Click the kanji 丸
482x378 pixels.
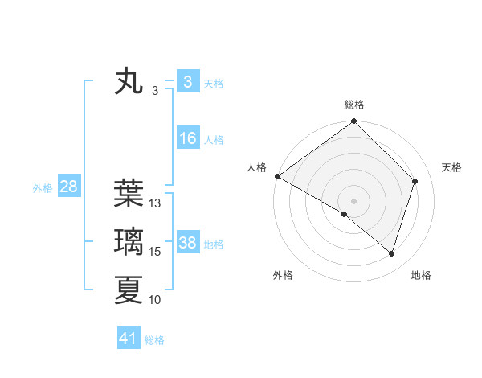point(129,82)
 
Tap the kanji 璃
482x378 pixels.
point(129,240)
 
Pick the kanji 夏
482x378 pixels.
point(129,290)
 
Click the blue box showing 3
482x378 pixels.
point(187,82)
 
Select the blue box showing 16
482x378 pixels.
point(187,138)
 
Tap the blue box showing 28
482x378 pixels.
point(68,187)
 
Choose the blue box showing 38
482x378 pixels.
point(187,243)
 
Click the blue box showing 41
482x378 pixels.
point(129,339)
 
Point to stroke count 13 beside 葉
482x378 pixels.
point(156,203)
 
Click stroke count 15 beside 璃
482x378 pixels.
point(156,252)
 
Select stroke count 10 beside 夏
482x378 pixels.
point(155,300)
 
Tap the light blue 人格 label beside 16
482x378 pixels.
point(214,140)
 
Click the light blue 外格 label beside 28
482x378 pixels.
point(43,188)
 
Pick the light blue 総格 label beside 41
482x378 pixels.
point(154,340)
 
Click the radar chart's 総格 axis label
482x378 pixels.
point(354,105)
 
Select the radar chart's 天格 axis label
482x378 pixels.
point(452,167)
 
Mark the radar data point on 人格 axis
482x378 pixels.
point(277,176)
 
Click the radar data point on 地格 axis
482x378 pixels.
point(391,253)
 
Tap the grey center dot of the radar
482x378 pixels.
point(353,201)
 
